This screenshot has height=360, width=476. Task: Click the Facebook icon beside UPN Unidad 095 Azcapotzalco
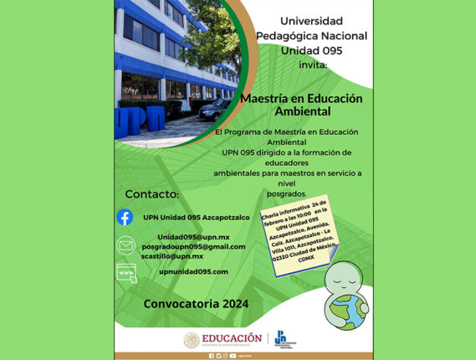(x=125, y=217)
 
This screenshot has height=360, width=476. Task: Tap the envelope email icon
(x=125, y=246)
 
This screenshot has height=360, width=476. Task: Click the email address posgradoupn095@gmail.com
(x=193, y=246)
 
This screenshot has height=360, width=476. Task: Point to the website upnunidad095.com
(x=193, y=271)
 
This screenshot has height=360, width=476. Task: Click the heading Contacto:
(x=151, y=194)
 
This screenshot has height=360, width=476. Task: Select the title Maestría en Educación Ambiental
(x=301, y=104)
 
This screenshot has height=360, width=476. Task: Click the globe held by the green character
(x=352, y=311)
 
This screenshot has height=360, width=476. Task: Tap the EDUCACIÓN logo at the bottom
(x=223, y=338)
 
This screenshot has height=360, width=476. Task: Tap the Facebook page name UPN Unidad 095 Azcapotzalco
(x=197, y=217)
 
